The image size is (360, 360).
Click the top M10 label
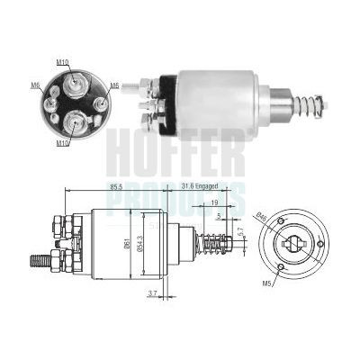click(x=61, y=65)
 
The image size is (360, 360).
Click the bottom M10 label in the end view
click(x=61, y=142)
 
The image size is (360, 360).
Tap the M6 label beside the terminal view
click(x=35, y=85)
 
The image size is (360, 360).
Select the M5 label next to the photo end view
click(x=114, y=85)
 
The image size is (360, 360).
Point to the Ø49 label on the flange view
click(x=262, y=216)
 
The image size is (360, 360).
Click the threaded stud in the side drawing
click(x=40, y=263)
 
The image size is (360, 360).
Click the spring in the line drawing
click(x=217, y=243)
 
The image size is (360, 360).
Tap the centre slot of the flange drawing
click(x=292, y=243)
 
